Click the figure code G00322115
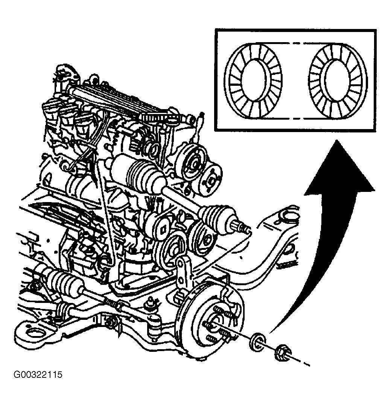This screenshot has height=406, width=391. [x=38, y=375]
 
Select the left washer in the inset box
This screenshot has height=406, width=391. [x=253, y=81]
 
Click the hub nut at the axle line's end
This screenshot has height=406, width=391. [x=283, y=353]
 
